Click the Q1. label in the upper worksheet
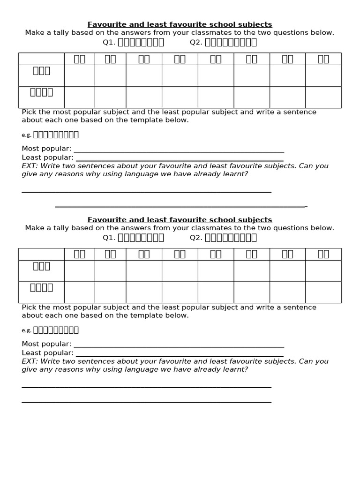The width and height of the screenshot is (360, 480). pyautogui.click(x=109, y=43)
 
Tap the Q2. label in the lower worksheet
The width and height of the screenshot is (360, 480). pyautogui.click(x=196, y=238)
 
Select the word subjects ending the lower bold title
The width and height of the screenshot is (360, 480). pyautogui.click(x=257, y=220)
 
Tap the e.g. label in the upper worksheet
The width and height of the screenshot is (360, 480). pyautogui.click(x=26, y=135)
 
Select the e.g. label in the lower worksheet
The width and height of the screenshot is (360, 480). pyautogui.click(x=26, y=330)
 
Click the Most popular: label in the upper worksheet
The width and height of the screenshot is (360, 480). pyautogui.click(x=46, y=149)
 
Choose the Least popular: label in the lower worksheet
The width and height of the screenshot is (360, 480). pyautogui.click(x=47, y=353)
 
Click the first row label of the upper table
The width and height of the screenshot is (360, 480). pyautogui.click(x=41, y=71)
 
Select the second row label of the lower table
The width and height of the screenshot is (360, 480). pyautogui.click(x=41, y=287)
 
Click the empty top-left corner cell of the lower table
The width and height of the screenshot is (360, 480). pyautogui.click(x=41, y=254)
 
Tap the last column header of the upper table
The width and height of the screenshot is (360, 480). pyautogui.click(x=323, y=59)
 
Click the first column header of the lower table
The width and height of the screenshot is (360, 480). pyautogui.click(x=79, y=254)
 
